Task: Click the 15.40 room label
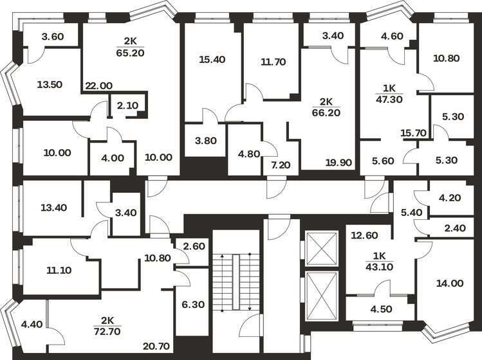(x=212, y=60)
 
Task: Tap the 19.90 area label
(x=338, y=162)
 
